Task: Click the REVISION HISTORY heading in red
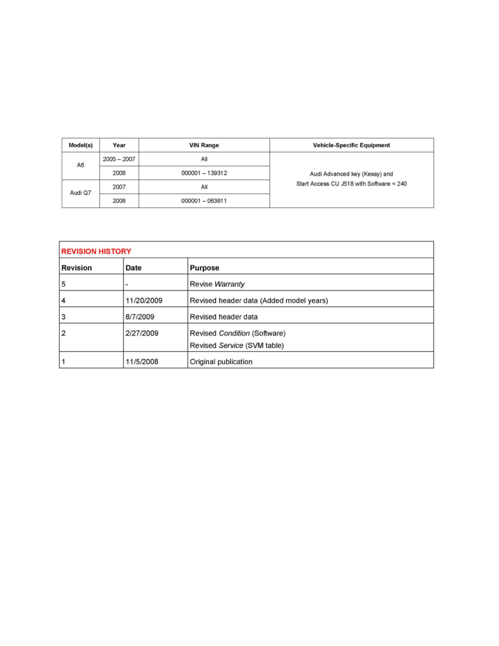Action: [x=96, y=251]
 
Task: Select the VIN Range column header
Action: [x=204, y=145]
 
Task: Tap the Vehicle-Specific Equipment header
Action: [x=351, y=145]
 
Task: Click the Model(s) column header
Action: [x=80, y=145]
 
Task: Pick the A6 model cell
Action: [x=80, y=166]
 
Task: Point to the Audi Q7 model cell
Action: [x=80, y=194]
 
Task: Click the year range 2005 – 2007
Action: [x=118, y=159]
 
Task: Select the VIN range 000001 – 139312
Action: [x=204, y=173]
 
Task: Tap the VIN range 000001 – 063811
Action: [x=204, y=201]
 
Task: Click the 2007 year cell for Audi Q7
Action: [x=118, y=187]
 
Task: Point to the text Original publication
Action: [x=221, y=362]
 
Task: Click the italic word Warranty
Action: [x=229, y=284]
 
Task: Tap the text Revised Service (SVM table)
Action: [x=236, y=345]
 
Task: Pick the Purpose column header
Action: [x=204, y=268]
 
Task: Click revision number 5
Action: [x=64, y=284]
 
